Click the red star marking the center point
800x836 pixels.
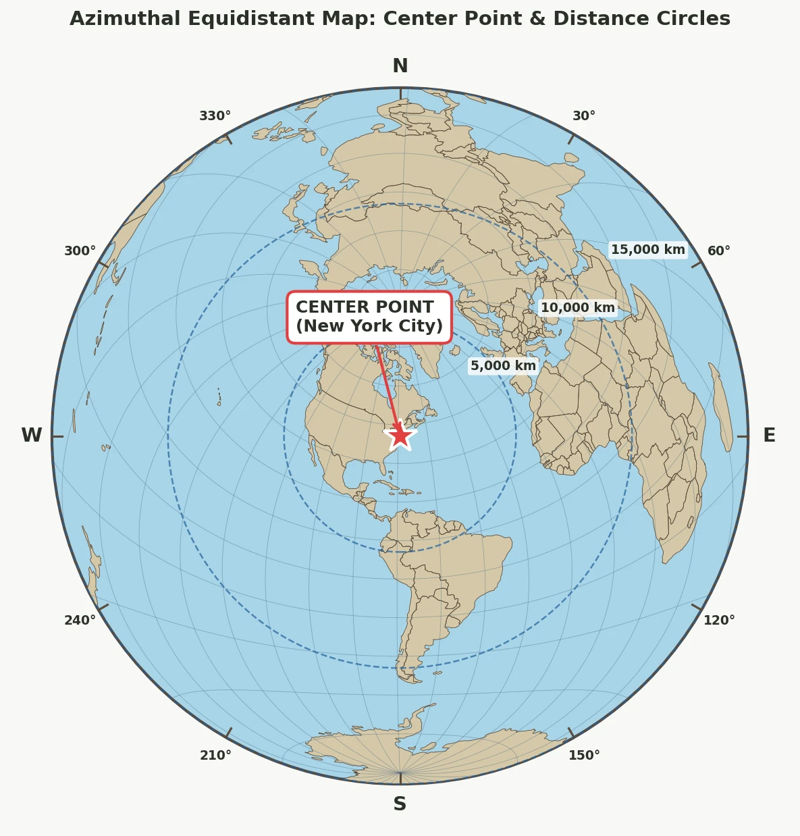400,436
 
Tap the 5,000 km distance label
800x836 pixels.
503,366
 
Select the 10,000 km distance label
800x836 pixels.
578,308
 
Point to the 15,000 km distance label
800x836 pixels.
647,250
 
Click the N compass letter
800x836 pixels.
400,66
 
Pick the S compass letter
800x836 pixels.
400,804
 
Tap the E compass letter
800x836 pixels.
769,436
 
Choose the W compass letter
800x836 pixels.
32,436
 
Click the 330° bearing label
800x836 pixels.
215,116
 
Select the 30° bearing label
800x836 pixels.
584,116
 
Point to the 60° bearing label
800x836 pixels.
719,251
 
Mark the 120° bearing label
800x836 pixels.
719,621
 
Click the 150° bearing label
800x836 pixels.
584,756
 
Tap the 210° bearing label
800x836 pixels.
215,756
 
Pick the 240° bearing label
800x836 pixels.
80,621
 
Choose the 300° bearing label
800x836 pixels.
80,251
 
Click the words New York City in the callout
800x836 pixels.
369,326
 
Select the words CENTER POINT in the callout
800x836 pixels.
365,307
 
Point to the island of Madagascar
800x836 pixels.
721,407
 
